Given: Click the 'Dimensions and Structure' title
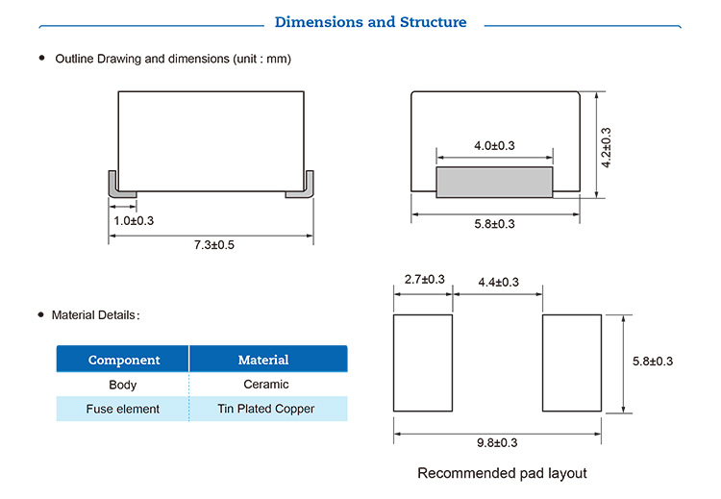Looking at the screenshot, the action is pyautogui.click(x=370, y=22).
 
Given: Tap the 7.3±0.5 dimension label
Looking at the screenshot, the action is pyautogui.click(x=213, y=244).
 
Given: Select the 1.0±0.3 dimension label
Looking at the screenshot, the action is pyautogui.click(x=134, y=221).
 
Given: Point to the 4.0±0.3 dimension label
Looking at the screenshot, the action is pyautogui.click(x=494, y=146).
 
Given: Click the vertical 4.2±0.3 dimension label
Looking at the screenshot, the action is pyautogui.click(x=606, y=148).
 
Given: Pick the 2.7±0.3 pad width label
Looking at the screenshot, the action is pyautogui.click(x=424, y=279).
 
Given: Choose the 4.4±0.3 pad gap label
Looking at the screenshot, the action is pyautogui.click(x=498, y=282).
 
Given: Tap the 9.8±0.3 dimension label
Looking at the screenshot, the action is pyautogui.click(x=497, y=442).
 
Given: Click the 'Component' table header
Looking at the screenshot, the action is pyautogui.click(x=124, y=360).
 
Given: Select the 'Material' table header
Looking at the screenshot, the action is pyautogui.click(x=263, y=360).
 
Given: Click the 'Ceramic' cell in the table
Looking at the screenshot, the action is pyautogui.click(x=266, y=384).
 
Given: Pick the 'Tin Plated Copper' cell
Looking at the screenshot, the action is pyautogui.click(x=266, y=409).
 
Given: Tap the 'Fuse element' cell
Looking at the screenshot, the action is pyautogui.click(x=123, y=409).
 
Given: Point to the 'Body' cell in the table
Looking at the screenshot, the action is pyautogui.click(x=123, y=385).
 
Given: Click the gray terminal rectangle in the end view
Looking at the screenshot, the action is pyautogui.click(x=494, y=182).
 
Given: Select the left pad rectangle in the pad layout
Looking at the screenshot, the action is pyautogui.click(x=423, y=362).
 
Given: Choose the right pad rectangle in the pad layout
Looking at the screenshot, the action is pyautogui.click(x=572, y=362).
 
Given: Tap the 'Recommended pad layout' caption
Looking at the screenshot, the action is pyautogui.click(x=502, y=473).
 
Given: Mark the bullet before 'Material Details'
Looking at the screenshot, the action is pyautogui.click(x=41, y=314).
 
